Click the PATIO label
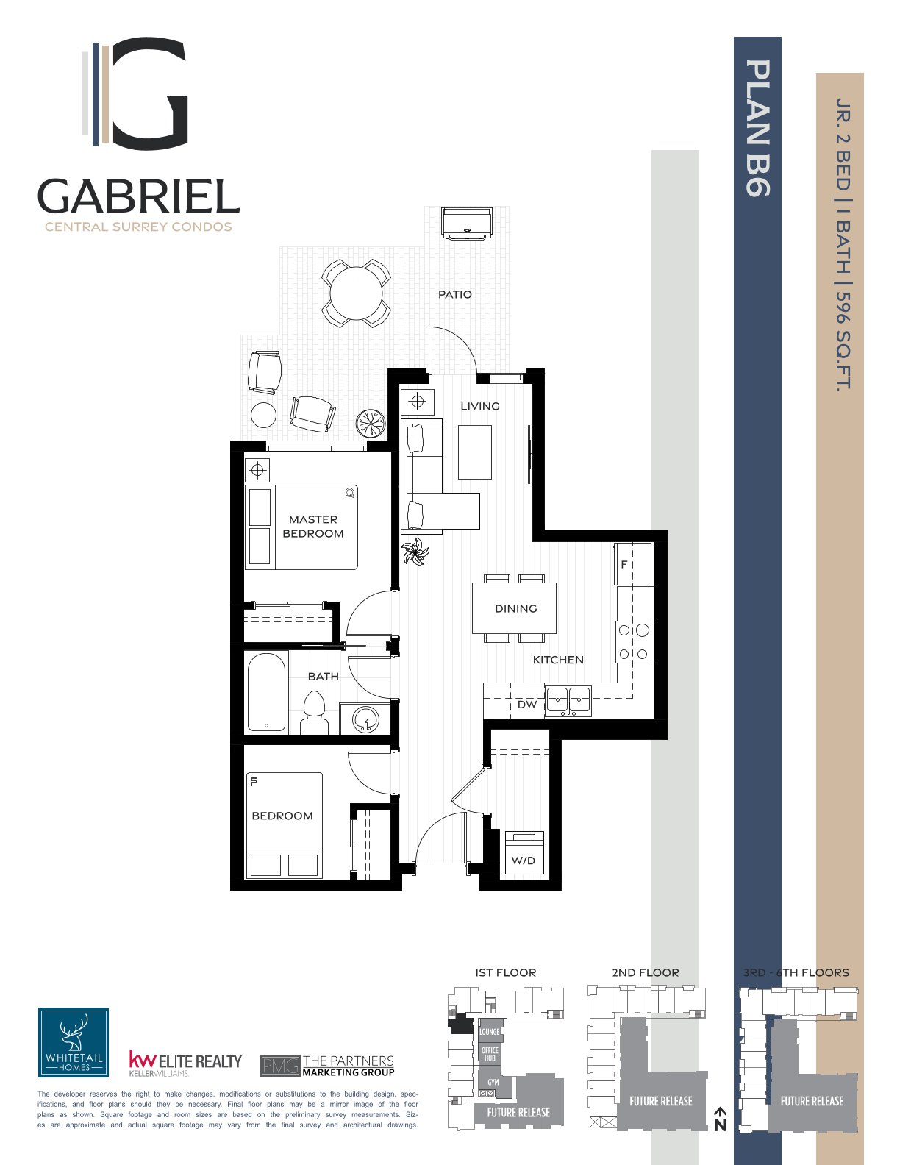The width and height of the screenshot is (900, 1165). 454,294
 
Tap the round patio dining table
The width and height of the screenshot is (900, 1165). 356,293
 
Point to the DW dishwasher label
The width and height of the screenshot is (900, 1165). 527,705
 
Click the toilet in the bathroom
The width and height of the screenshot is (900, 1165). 314,712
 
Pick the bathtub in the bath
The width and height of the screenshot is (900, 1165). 266,691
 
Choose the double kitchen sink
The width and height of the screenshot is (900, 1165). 568,701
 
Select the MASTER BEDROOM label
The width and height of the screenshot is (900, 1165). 313,527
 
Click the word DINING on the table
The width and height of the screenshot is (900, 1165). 515,608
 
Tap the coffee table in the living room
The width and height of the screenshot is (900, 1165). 475,452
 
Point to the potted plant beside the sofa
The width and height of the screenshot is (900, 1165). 415,552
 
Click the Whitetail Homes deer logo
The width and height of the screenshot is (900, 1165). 74,1042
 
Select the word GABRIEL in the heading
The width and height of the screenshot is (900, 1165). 138,196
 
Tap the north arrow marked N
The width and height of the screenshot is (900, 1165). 721,1119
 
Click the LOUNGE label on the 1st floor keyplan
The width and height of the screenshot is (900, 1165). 490,1031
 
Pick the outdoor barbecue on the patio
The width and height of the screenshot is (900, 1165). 466,224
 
